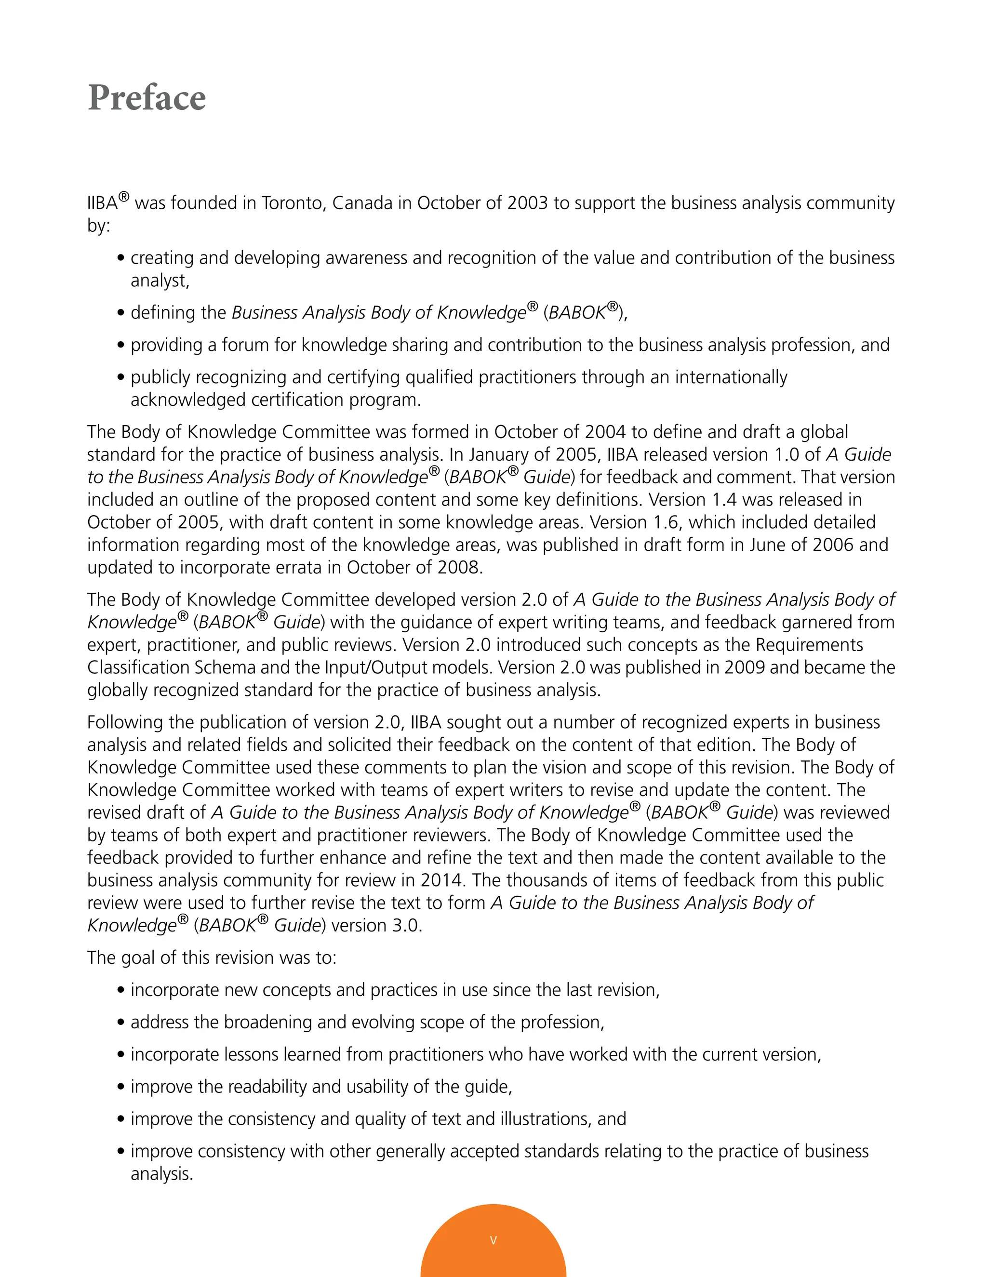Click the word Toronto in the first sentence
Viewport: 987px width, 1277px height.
click(293, 203)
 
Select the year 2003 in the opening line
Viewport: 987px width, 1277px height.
click(527, 203)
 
